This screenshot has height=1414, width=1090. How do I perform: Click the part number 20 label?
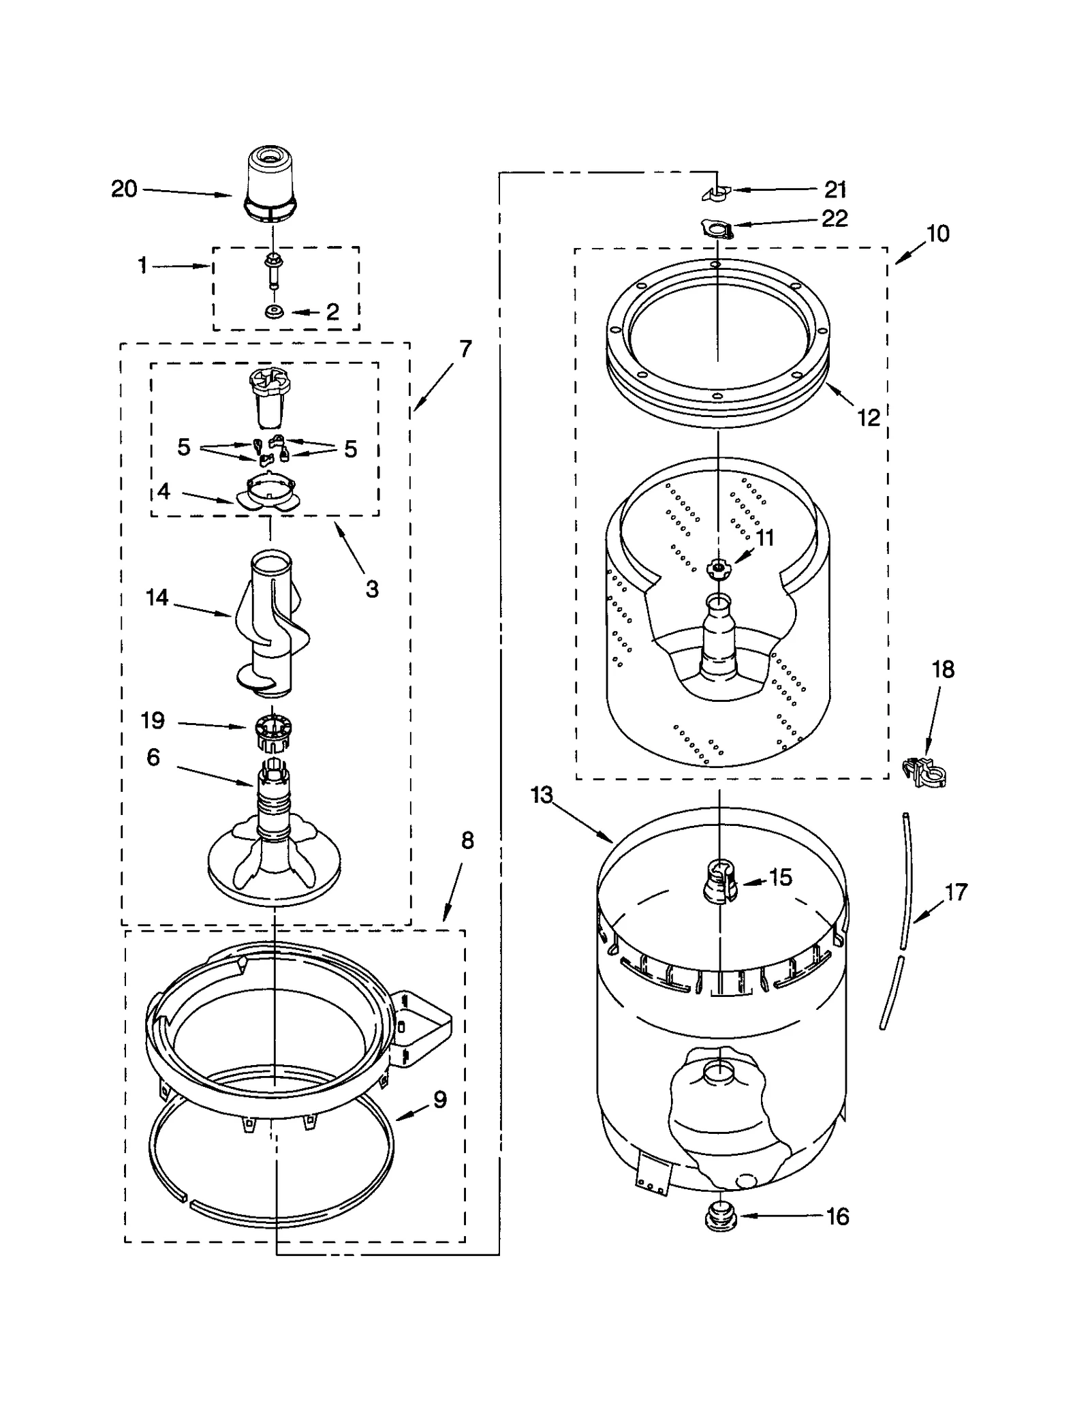(124, 189)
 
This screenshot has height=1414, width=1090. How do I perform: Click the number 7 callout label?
(465, 349)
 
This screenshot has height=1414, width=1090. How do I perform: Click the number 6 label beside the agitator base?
(153, 757)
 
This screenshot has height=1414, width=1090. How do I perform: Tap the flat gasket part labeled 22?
(717, 229)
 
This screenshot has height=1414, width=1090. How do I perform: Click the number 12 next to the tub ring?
(868, 417)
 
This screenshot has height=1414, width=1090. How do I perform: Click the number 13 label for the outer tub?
(542, 795)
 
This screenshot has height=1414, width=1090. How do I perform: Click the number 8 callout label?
(467, 840)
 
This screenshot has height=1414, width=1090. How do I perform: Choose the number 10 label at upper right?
(937, 233)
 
